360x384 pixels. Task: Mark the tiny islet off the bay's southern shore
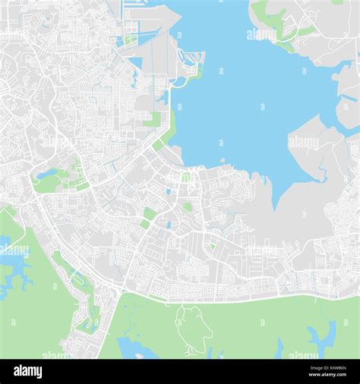tap(223, 160)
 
